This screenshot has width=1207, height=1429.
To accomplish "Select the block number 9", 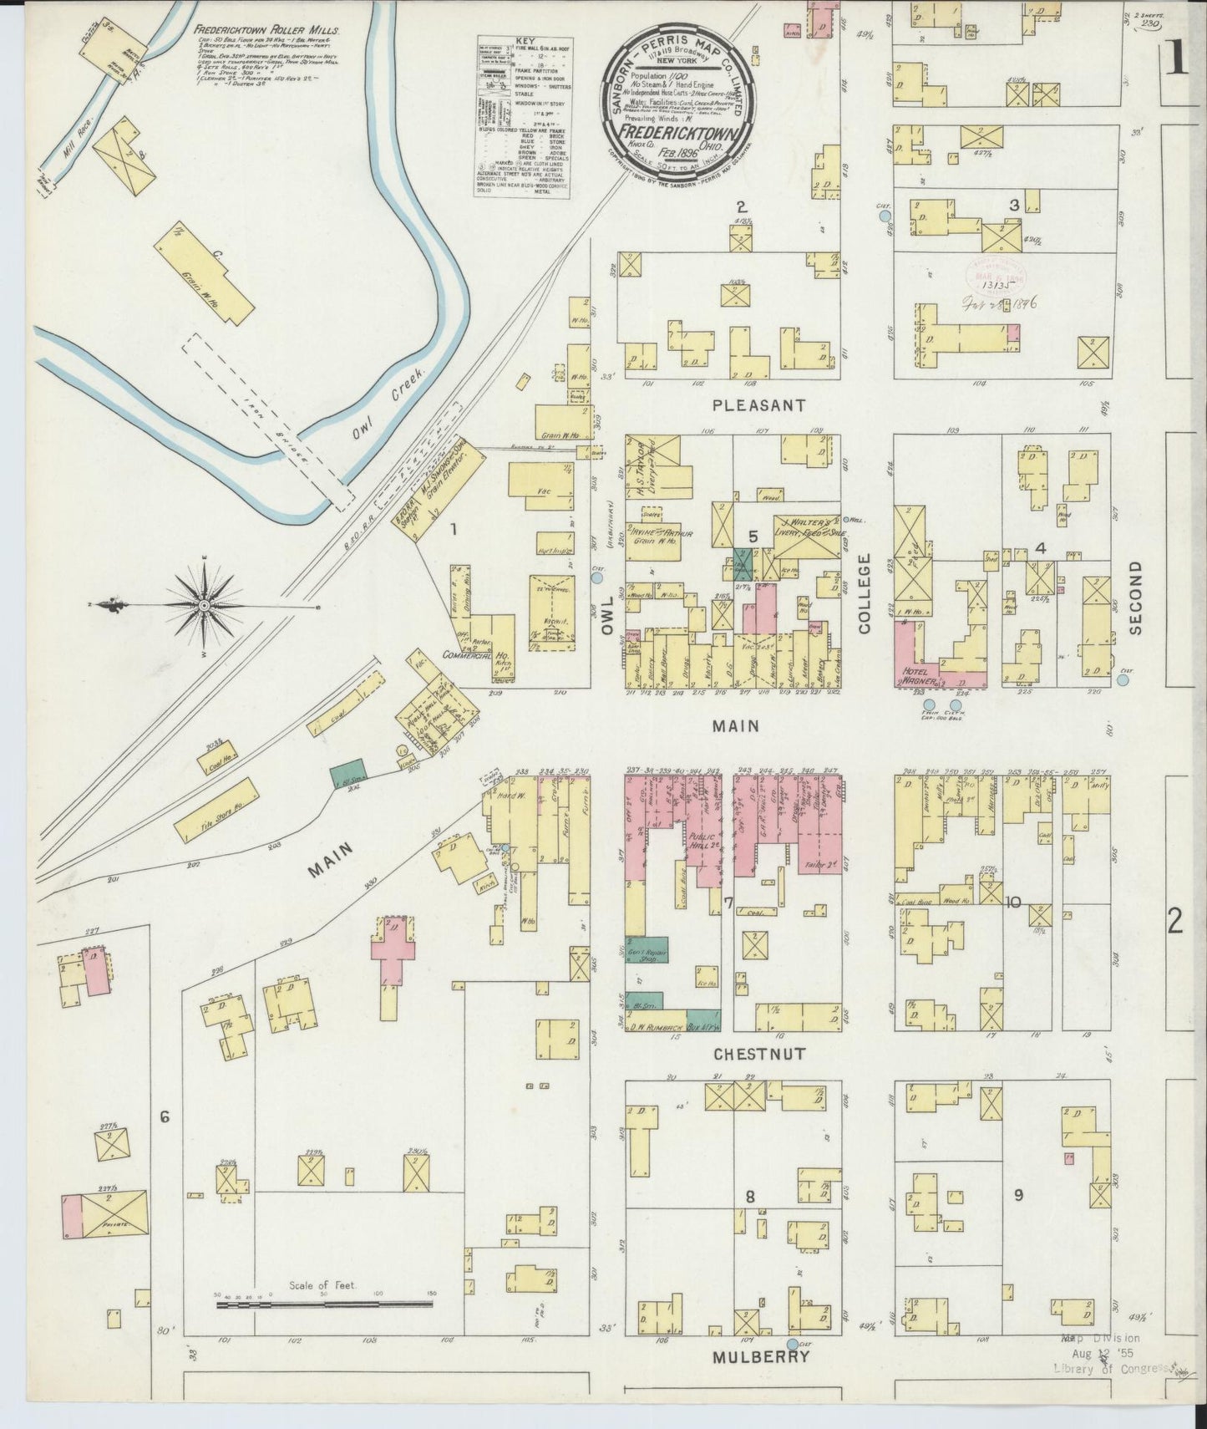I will (1018, 1195).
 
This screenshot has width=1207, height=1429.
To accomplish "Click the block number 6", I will (165, 1116).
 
